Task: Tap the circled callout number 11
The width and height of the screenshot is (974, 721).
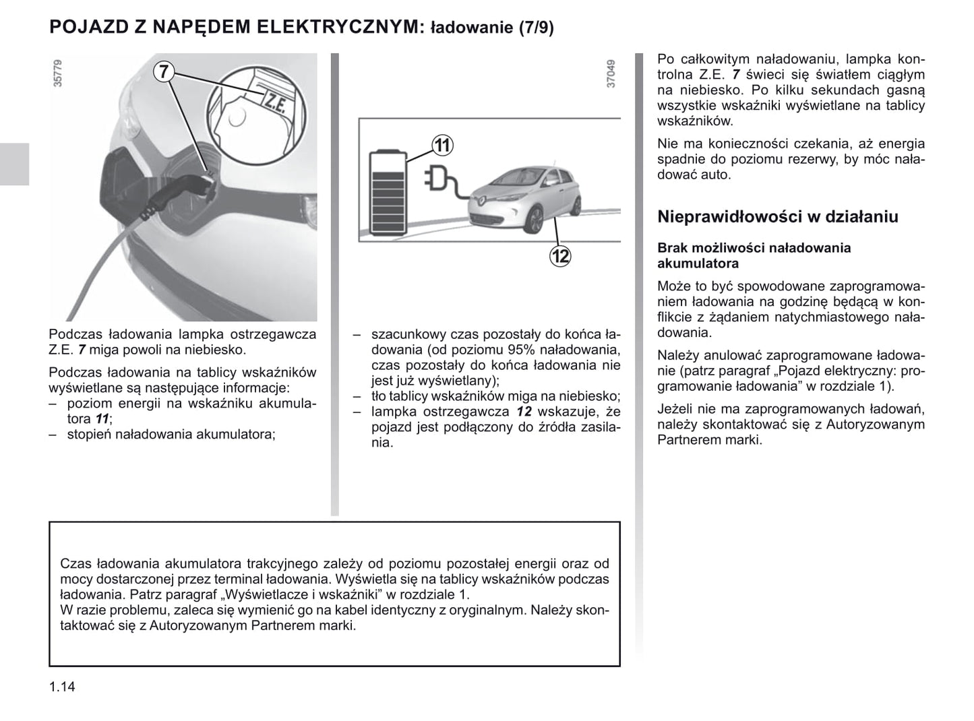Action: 442,145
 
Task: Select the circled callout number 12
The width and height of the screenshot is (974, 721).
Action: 560,256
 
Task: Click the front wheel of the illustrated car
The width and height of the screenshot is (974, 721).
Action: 532,220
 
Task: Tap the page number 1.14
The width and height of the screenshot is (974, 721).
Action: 62,687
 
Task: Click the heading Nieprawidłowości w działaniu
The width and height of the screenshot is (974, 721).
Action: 777,217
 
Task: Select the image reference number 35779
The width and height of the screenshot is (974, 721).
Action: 58,73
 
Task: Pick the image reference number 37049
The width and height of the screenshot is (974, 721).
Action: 611,73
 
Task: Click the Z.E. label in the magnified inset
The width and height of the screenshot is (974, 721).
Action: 274,102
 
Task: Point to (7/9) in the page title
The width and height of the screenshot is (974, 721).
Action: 536,28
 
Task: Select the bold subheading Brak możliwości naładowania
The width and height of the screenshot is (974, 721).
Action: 754,248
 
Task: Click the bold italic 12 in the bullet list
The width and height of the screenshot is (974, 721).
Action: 524,412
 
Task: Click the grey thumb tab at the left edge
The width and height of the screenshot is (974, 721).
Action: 14,164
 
